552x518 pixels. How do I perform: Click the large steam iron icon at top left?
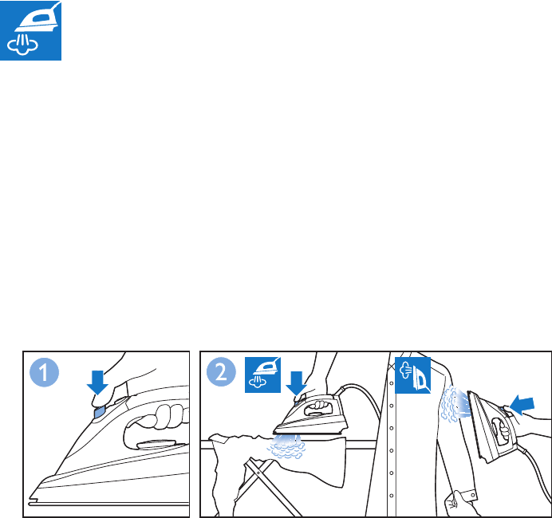click(x=30, y=30)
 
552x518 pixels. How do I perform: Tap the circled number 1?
click(x=44, y=372)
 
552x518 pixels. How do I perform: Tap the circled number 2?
click(x=221, y=372)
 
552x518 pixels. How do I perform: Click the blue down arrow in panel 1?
click(x=97, y=383)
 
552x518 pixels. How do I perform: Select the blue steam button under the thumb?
click(x=99, y=412)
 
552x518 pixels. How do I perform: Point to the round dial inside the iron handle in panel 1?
click(x=156, y=445)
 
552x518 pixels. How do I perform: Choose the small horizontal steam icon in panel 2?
click(x=262, y=375)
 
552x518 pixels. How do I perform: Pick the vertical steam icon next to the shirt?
click(x=412, y=375)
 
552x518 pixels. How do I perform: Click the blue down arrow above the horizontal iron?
click(x=297, y=383)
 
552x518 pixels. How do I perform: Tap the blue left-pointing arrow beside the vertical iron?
click(x=522, y=404)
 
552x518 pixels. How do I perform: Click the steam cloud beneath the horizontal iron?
click(x=286, y=447)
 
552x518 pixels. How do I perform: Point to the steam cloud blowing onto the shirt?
click(x=454, y=404)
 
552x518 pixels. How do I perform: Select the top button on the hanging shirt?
click(x=392, y=383)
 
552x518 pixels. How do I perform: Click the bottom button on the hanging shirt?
click(x=392, y=496)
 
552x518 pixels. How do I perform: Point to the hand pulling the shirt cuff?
click(x=457, y=504)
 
